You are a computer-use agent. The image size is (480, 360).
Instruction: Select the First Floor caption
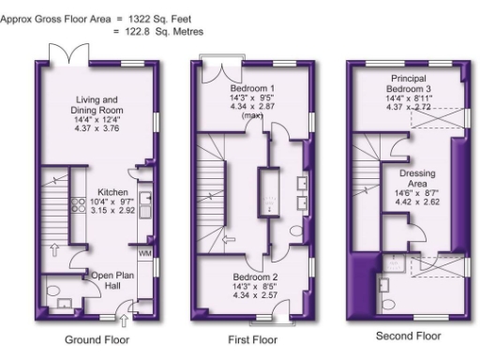tap(253, 339)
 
